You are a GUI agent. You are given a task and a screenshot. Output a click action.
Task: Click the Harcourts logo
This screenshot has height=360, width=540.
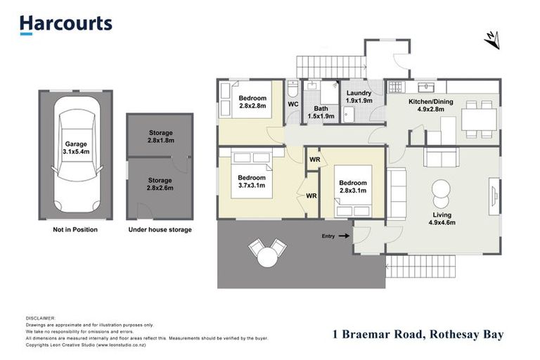[65, 25]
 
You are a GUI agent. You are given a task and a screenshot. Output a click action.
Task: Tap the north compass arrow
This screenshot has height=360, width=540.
[492, 40]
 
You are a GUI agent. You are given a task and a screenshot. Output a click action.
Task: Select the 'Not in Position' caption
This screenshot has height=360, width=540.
[75, 229]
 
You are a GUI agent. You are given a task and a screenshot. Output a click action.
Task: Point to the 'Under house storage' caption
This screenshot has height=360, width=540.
[160, 229]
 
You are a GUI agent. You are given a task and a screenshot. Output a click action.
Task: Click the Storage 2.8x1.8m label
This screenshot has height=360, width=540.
[160, 136]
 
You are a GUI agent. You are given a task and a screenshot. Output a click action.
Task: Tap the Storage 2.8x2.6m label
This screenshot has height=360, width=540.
[160, 185]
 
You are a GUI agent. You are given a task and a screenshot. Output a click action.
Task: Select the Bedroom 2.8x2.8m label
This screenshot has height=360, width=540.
[252, 102]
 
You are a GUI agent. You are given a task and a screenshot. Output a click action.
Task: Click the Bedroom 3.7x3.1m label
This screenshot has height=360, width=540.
[251, 181]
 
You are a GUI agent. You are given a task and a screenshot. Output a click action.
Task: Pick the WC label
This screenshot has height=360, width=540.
[293, 105]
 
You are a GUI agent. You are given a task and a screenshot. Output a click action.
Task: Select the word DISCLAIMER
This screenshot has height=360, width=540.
[39, 319]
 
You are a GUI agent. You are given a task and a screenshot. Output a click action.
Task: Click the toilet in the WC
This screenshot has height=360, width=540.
[293, 90]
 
